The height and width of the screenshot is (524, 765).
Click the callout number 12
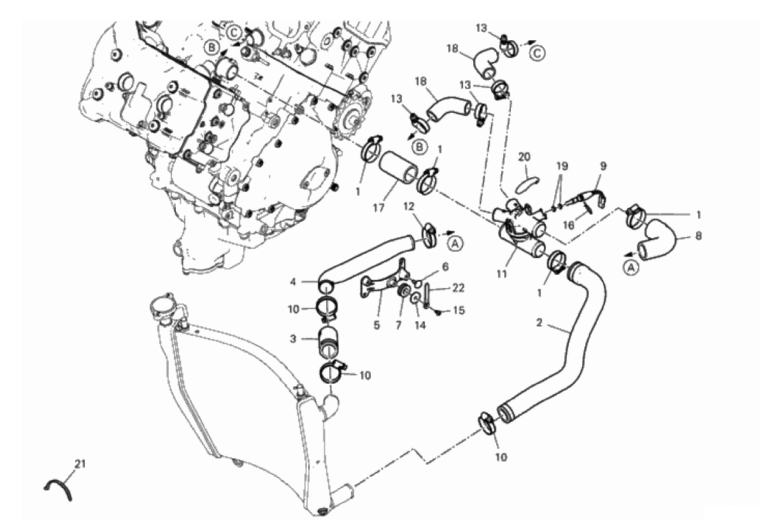click(x=409, y=207)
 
